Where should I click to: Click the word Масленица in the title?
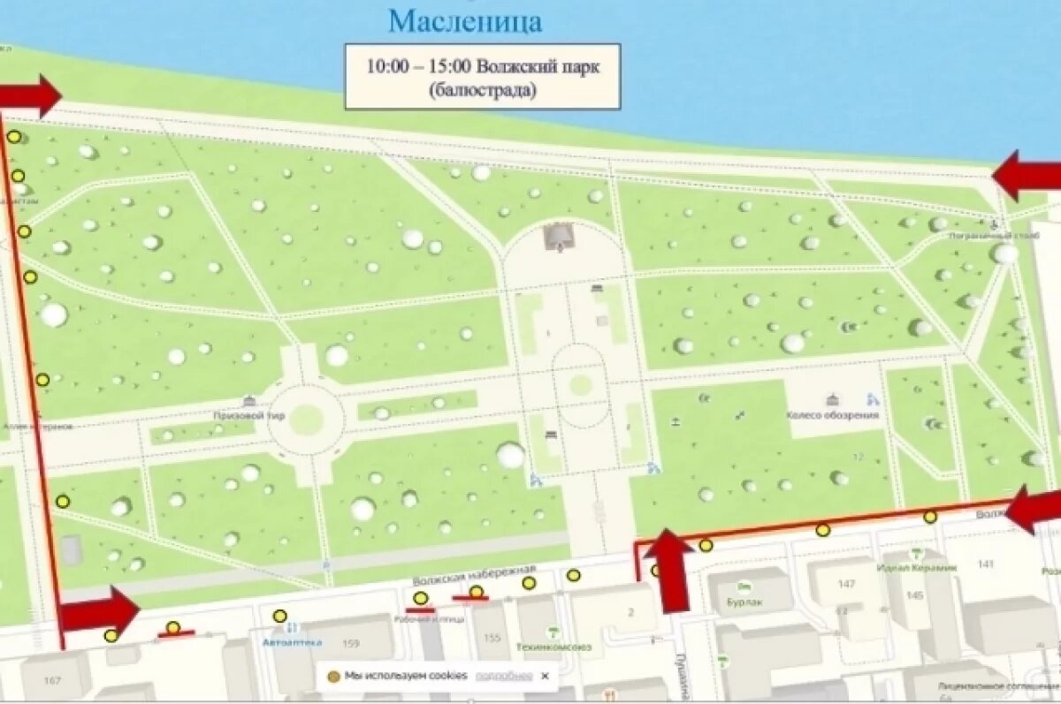click(x=465, y=20)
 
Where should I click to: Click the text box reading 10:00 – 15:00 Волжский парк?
click(x=482, y=77)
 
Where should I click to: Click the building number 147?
click(x=846, y=584)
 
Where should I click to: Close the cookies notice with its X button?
click(x=545, y=676)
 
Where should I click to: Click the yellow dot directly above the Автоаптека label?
click(x=280, y=616)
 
